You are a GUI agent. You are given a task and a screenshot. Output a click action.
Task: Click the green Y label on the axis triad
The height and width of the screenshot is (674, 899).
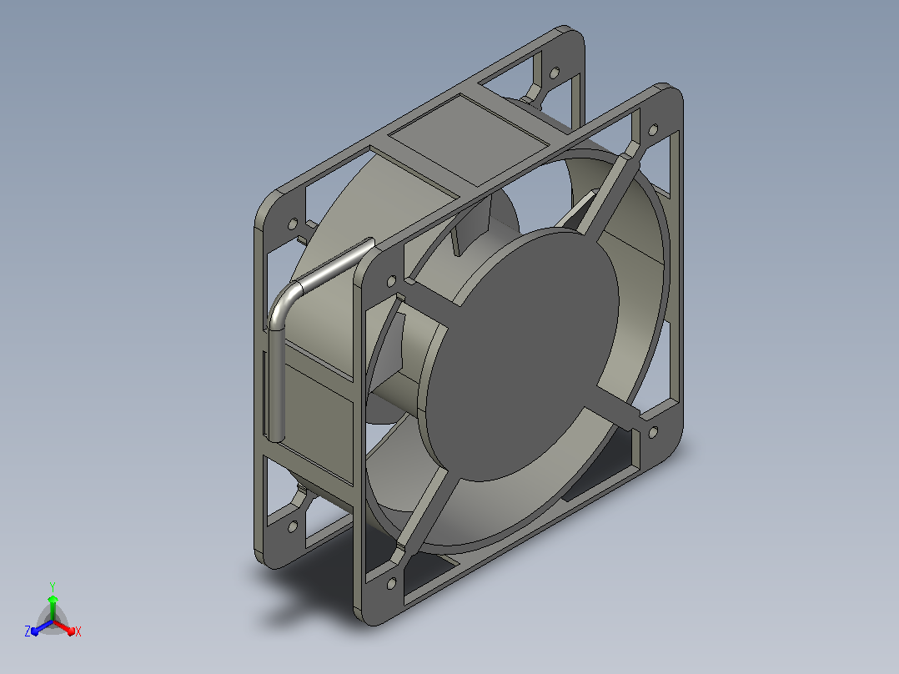tap(53, 586)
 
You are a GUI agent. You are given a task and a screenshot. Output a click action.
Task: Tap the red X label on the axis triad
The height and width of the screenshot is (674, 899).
tap(78, 631)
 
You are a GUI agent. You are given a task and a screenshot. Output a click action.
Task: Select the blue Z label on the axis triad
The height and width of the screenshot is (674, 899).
tap(28, 631)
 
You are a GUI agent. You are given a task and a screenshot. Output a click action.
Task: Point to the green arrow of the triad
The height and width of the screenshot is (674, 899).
tap(53, 607)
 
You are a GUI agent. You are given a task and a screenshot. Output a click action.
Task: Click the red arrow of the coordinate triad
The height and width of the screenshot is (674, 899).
tap(64, 627)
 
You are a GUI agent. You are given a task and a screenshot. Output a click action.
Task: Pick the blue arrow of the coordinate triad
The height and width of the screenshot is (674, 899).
tap(42, 627)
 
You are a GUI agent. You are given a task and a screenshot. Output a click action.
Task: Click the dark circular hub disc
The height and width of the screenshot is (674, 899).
tap(519, 354)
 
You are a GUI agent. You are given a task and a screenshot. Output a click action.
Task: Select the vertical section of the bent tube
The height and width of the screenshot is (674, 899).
tap(276, 385)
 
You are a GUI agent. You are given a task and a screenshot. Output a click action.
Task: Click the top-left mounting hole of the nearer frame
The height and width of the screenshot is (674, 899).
tap(392, 281)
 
